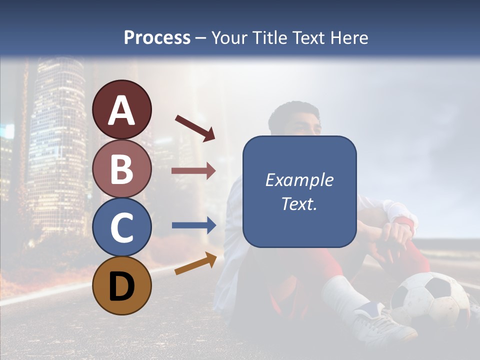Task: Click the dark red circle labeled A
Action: pyautogui.click(x=122, y=109)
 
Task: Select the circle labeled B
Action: pyautogui.click(x=122, y=168)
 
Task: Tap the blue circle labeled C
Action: pyautogui.click(x=122, y=227)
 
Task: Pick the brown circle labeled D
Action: pyautogui.click(x=122, y=285)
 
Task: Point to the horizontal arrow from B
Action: pyautogui.click(x=193, y=171)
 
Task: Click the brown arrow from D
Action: pyautogui.click(x=195, y=264)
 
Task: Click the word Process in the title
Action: pyautogui.click(x=157, y=37)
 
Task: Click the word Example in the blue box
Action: pyautogui.click(x=299, y=180)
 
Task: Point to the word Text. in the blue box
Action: pyautogui.click(x=299, y=204)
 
